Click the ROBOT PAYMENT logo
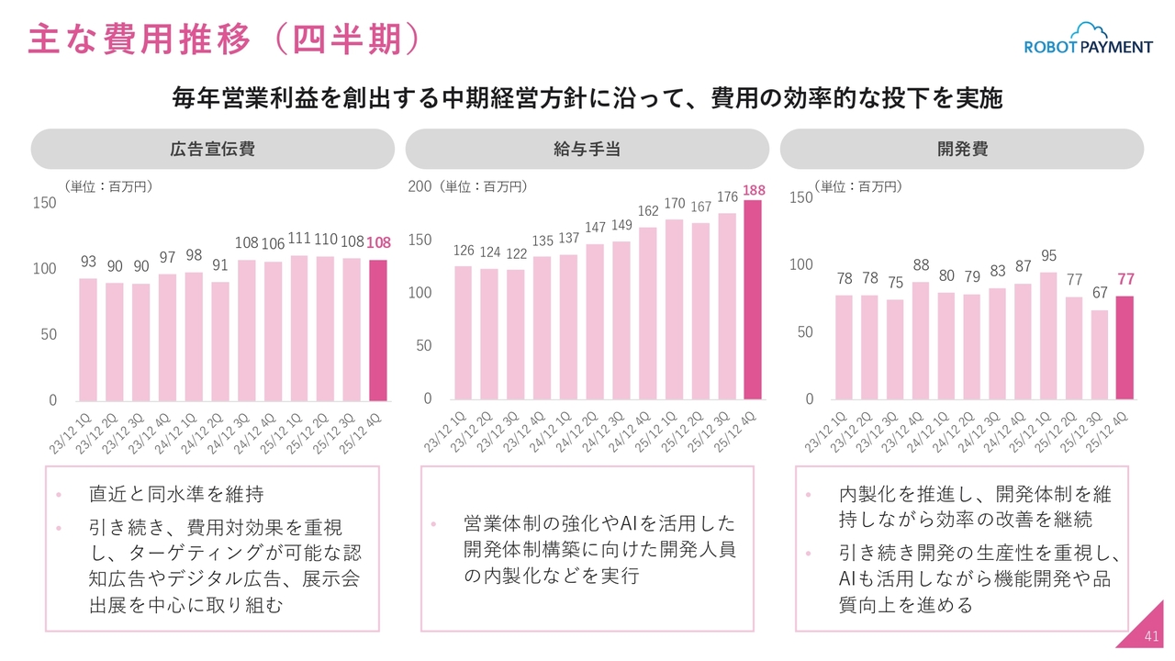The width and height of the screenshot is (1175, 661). click(x=1088, y=42)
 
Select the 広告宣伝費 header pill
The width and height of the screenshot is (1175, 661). click(x=212, y=149)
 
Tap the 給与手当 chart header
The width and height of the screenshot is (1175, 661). click(x=587, y=149)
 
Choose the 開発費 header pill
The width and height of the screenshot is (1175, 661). click(x=962, y=149)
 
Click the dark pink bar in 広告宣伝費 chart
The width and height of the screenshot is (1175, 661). click(x=378, y=330)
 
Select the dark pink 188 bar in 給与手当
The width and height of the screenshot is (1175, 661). click(x=753, y=300)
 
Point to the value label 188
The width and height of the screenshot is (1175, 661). click(x=754, y=190)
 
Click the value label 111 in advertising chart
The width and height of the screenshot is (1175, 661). click(x=298, y=238)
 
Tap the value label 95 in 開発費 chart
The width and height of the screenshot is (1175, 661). click(x=1047, y=255)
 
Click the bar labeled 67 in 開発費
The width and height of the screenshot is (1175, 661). click(x=1100, y=354)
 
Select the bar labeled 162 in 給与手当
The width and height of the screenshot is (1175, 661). click(x=647, y=313)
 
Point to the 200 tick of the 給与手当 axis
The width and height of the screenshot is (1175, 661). click(x=419, y=186)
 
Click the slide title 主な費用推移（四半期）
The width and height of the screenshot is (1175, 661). click(x=224, y=39)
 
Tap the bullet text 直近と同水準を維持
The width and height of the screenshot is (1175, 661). click(x=176, y=494)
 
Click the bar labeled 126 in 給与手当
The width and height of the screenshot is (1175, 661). click(x=463, y=332)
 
